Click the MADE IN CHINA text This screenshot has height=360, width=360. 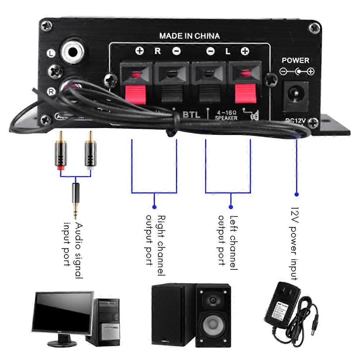[189, 36]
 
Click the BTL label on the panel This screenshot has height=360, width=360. [191, 115]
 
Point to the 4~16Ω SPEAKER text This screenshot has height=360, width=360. [227, 115]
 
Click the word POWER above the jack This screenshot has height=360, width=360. [295, 60]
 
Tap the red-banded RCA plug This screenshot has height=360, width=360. [60, 153]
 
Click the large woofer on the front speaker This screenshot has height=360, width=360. [213, 324]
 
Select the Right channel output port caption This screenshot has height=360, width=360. [155, 245]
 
